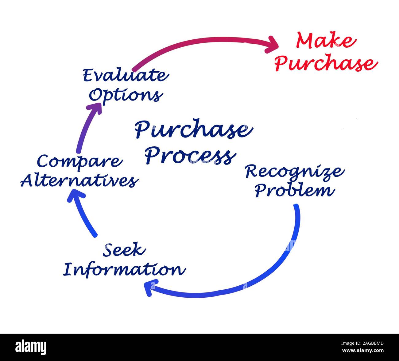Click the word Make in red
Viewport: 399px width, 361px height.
326,41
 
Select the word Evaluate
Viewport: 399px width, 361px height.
125,76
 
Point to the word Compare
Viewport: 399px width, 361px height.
79,161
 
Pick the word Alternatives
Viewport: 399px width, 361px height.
79,181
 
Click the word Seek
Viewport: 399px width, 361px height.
124,250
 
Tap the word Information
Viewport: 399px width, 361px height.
124,269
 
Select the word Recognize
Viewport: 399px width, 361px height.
294,172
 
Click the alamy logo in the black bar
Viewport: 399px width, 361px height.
31,347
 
